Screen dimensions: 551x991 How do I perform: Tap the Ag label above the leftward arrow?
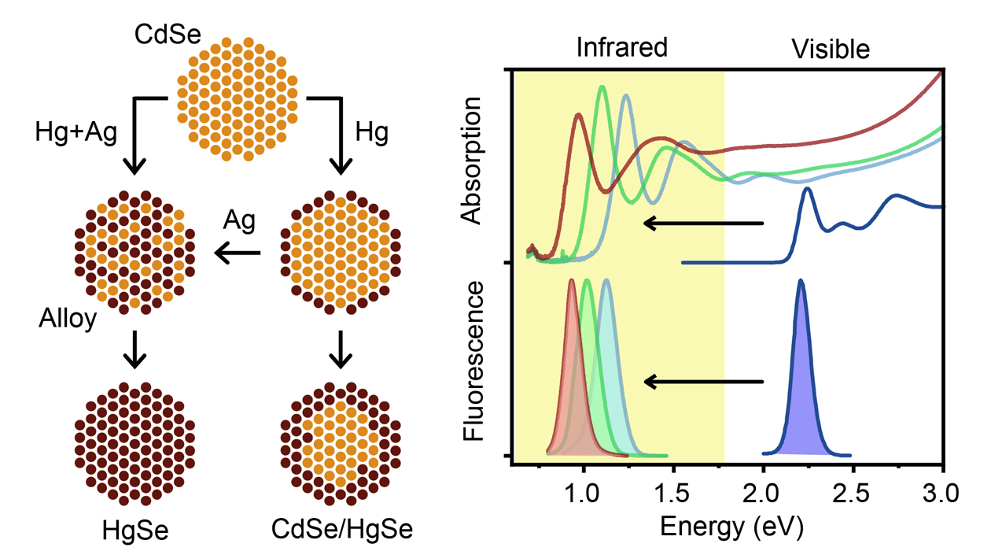coord(240,221)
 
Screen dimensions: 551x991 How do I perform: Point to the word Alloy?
coord(67,320)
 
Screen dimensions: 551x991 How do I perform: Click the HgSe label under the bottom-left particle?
coord(135,531)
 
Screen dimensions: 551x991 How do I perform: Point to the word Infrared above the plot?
coord(621,47)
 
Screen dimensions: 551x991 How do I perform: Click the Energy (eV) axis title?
coord(727,525)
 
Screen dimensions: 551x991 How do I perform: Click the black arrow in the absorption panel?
coord(704,224)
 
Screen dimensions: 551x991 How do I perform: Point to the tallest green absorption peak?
coord(602,90)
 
